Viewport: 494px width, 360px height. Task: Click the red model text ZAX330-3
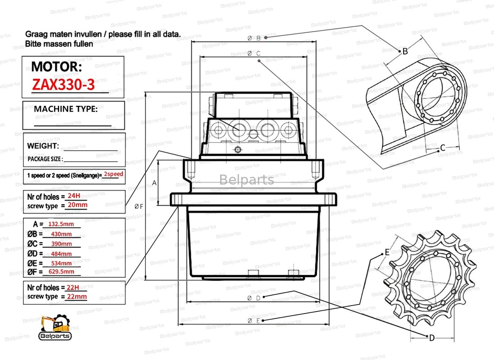coord(63,85)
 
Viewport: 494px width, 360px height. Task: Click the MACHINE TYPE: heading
coord(66,109)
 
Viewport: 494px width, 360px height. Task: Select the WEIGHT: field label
coord(43,146)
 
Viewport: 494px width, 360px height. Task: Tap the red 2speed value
coord(113,174)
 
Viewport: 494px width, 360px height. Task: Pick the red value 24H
coord(73,196)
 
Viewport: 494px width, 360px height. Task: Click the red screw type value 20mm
coord(77,205)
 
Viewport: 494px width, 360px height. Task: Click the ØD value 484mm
coord(61,254)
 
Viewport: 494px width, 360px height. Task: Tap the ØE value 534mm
coord(61,263)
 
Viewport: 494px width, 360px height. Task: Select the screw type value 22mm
coord(76,297)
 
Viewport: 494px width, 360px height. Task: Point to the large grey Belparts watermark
coord(246,180)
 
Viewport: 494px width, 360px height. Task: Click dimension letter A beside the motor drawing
coord(154,183)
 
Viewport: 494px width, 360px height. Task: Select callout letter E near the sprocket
coord(387,253)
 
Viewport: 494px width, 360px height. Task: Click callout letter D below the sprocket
coord(431,338)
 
